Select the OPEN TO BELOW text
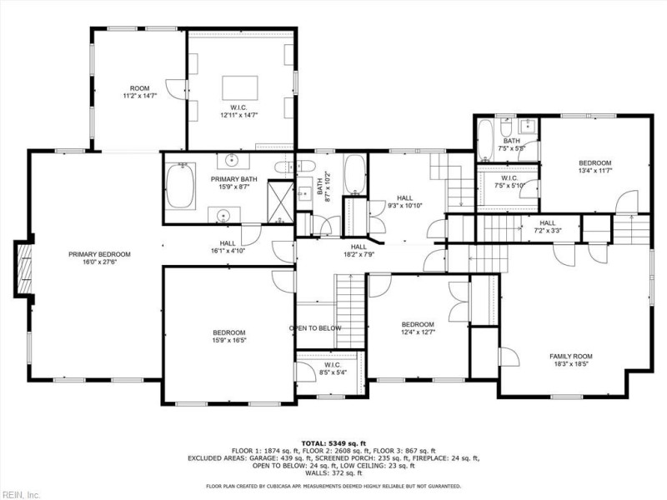315,328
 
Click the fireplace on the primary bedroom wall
23,269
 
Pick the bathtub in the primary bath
179,182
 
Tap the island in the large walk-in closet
240,88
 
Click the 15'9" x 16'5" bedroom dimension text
229,340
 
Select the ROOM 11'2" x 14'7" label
139,92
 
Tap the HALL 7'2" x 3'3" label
547,227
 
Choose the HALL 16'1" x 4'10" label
227,247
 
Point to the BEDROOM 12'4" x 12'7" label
417,328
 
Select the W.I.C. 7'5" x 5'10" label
510,181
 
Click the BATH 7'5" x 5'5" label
510,144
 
